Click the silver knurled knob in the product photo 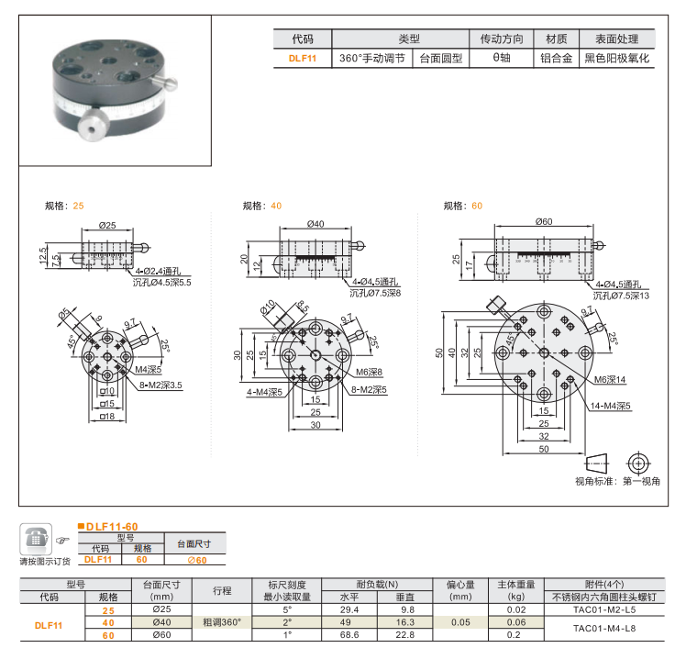pos(91,128)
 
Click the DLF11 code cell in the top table pos(302,57)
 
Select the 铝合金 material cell pos(556,57)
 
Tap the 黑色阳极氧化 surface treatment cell pos(617,57)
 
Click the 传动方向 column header pos(502,39)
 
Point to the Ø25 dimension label pos(107,225)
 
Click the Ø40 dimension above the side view pos(315,224)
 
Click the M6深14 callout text pos(610,379)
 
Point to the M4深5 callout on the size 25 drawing pos(149,370)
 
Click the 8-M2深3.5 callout pos(161,385)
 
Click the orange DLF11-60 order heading pos(112,527)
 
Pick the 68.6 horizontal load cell pos(349,634)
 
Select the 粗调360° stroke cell pos(222,621)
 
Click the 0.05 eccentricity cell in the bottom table pos(459,621)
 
